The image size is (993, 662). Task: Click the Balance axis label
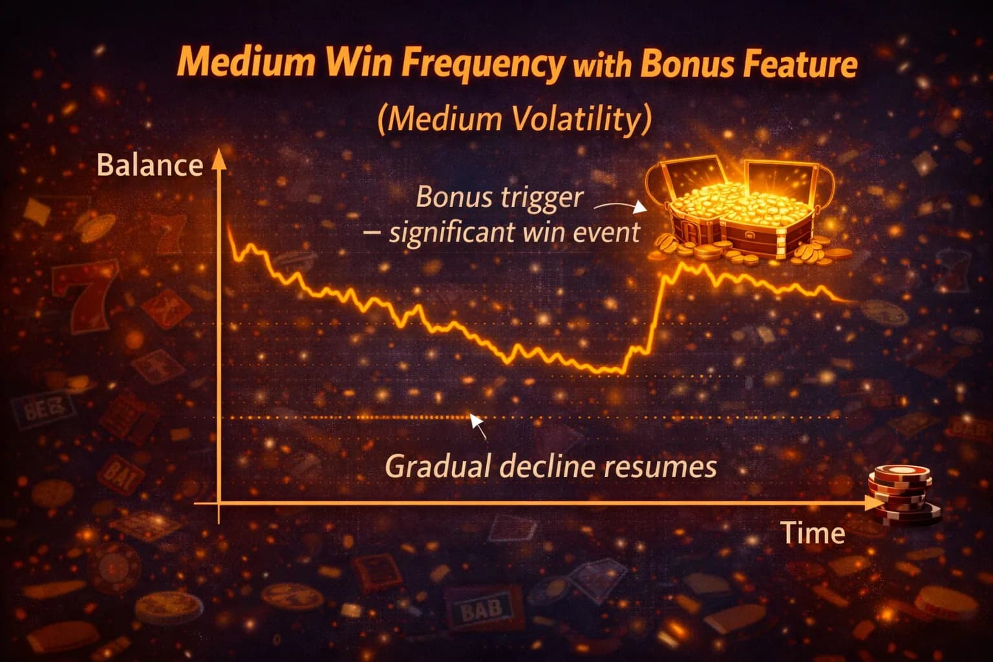(150, 165)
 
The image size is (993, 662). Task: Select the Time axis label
(812, 532)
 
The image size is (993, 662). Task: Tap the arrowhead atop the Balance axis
(219, 159)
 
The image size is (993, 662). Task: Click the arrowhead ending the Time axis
(873, 503)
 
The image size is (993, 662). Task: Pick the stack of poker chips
(902, 495)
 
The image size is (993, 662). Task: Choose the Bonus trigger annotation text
(500, 197)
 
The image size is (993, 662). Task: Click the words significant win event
(514, 232)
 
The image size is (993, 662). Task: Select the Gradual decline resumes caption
(551, 467)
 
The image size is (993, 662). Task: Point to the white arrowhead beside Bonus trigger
(639, 207)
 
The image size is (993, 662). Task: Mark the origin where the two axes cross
(219, 503)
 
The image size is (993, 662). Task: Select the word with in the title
(602, 66)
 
